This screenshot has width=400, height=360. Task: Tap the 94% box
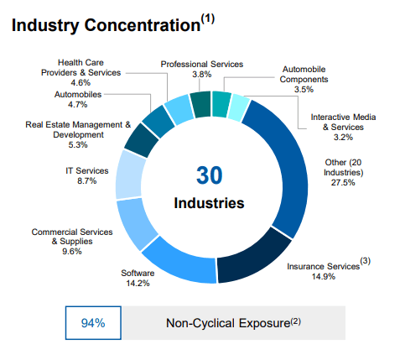[x=92, y=322]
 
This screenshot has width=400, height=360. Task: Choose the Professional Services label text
[x=201, y=64]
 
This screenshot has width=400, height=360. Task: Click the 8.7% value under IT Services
[x=86, y=181]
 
